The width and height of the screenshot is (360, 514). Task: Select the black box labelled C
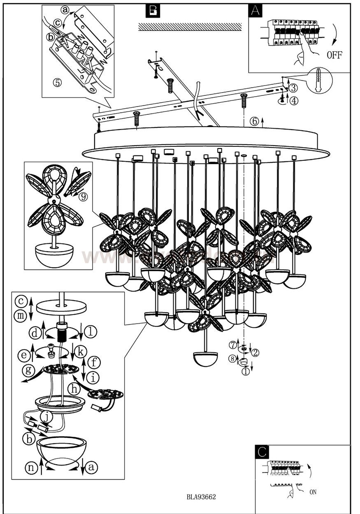coord(262,451)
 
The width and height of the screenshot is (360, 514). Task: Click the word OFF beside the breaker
coord(334,55)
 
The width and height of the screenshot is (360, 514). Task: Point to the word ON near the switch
coord(312,492)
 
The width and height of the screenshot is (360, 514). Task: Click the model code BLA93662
coord(201,497)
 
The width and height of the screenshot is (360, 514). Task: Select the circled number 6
coord(254,121)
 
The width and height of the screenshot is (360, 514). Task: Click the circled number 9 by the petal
coord(84,197)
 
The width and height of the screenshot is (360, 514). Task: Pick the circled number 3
coord(293,88)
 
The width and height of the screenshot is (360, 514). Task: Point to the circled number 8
coord(233,359)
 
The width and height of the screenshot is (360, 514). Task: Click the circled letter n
coord(31,467)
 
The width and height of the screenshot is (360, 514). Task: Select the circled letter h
coord(74,388)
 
